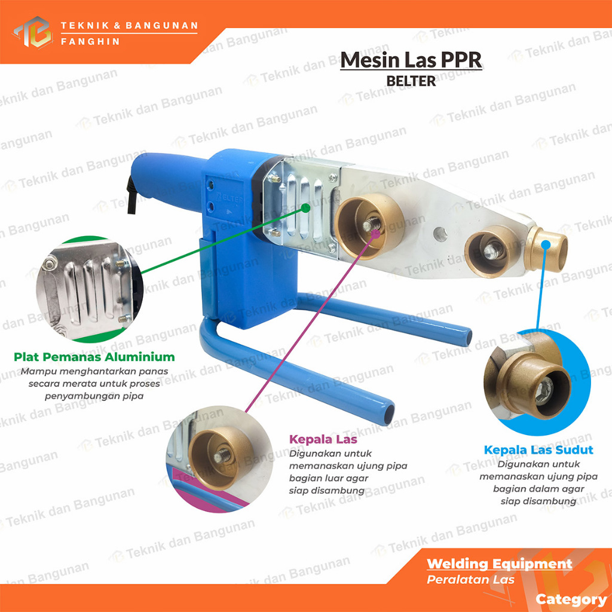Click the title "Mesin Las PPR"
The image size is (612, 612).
[x=411, y=60]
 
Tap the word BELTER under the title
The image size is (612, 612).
[x=411, y=81]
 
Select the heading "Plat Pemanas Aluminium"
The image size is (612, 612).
[x=94, y=357]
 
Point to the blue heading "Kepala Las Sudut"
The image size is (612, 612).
[x=538, y=449]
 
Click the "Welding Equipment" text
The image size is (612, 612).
[x=499, y=564]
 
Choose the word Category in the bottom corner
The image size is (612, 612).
[x=571, y=599]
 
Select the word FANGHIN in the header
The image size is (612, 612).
[x=91, y=42]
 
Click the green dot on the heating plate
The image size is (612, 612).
[x=307, y=207]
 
